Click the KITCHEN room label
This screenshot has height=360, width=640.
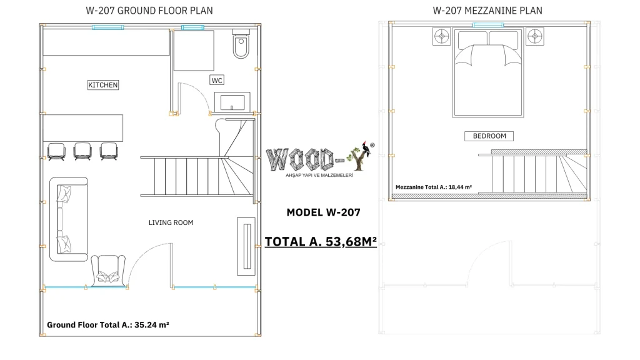pos(103,85)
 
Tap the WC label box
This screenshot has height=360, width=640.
pos(217,81)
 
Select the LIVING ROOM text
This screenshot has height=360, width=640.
pos(171,222)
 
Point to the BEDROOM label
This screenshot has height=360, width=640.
pos(489,136)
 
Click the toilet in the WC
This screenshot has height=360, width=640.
pos(241,44)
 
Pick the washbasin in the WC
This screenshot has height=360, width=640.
pos(232,102)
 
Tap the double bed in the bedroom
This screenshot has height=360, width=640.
pos(488,72)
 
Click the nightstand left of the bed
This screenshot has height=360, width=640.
pos(442,36)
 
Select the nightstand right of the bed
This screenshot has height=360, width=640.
pos(535,36)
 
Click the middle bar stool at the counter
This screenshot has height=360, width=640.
pos(82,151)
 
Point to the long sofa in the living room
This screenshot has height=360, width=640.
pos(69,219)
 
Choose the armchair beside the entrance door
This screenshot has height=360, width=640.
pos(108,270)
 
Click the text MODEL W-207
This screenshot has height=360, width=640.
pos(323,212)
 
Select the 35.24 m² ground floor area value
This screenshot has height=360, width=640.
pos(152,325)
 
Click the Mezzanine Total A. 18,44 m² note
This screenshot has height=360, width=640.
pos(434,187)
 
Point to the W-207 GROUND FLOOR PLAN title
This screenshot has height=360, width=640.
pos(149,11)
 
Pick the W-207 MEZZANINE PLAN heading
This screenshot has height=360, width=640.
pos(487,11)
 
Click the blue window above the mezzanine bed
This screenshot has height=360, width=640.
pos(488,25)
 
